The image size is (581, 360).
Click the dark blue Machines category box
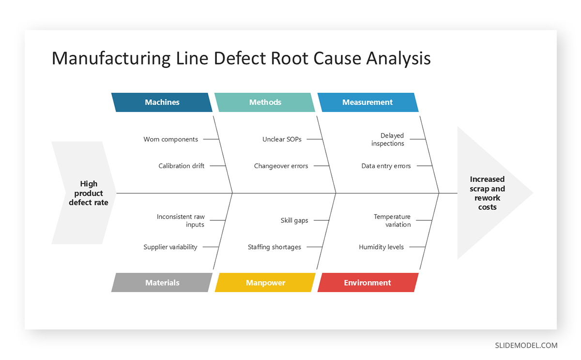162,102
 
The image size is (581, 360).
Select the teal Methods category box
265,102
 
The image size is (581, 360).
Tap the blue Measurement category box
367,102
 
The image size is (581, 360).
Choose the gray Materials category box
162,282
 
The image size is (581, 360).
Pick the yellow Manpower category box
265,282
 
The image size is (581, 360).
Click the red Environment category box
367,282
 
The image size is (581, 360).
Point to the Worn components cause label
170,139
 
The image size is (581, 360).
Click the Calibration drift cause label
181,166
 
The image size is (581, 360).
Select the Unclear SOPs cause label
282,139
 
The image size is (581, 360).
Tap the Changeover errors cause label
281,166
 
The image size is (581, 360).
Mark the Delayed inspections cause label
388,140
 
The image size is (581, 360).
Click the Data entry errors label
386,166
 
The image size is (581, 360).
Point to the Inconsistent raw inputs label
181,220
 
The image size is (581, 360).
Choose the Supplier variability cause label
170,247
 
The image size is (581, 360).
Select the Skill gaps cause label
294,220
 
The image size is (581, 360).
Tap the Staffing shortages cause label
274,247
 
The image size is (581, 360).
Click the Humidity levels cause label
381,247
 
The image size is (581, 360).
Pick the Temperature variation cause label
392,220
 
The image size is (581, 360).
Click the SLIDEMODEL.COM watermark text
526,345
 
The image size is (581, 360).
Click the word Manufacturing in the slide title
111,59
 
